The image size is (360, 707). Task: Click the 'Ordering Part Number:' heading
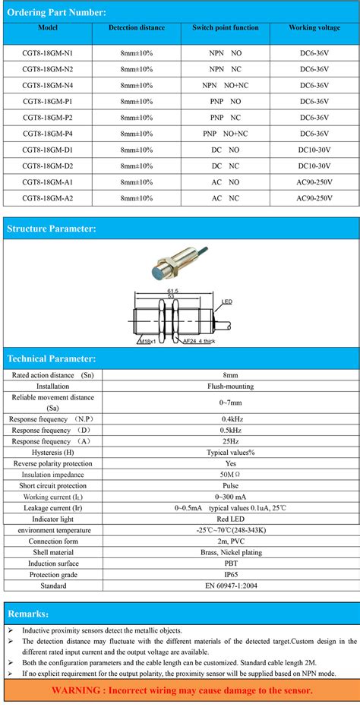pyautogui.click(x=52, y=12)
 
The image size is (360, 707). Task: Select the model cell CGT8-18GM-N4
pyautogui.click(x=47, y=86)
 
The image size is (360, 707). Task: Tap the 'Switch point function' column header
pyautogui.click(x=225, y=28)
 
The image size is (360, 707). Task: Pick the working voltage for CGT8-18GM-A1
pyautogui.click(x=314, y=182)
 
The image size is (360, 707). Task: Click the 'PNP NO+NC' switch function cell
pyautogui.click(x=225, y=134)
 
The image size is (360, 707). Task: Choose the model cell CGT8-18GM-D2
pyautogui.click(x=47, y=166)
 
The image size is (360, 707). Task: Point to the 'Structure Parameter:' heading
pyautogui.click(x=51, y=229)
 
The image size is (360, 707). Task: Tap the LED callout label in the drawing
pyautogui.click(x=226, y=302)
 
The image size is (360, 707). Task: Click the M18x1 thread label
pyautogui.click(x=149, y=341)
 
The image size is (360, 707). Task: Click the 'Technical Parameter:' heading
pyautogui.click(x=51, y=358)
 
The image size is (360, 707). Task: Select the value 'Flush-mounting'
pyautogui.click(x=229, y=387)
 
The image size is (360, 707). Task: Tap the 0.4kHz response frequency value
pyautogui.click(x=229, y=418)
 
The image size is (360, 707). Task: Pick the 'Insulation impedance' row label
pyautogui.click(x=52, y=475)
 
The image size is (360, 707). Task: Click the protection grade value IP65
pyautogui.click(x=229, y=574)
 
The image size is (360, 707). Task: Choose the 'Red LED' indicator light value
pyautogui.click(x=229, y=519)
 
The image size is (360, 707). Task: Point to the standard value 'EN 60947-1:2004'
pyautogui.click(x=229, y=585)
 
